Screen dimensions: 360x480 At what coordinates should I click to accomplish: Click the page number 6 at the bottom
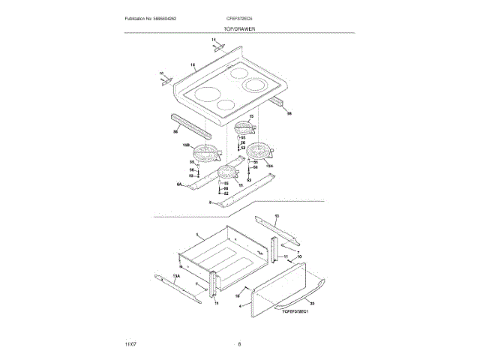[x=239, y=343]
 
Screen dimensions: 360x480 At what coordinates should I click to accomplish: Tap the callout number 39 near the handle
[x=312, y=303]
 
